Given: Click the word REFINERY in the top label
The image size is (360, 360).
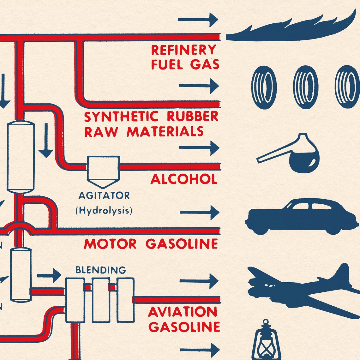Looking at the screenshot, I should (x=183, y=50).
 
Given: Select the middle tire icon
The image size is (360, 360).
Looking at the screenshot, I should (x=305, y=87).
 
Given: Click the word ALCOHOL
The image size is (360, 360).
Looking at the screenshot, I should (x=184, y=179).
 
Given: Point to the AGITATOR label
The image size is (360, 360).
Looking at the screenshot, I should (x=104, y=195).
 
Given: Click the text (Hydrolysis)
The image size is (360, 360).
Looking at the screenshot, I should (x=104, y=210).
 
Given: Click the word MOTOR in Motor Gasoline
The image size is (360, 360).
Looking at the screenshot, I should (x=110, y=244).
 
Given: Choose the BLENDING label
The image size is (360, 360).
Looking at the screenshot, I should (x=100, y=270).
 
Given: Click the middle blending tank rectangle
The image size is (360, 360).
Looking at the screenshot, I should (x=101, y=300).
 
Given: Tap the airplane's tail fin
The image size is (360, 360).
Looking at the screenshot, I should (x=341, y=275).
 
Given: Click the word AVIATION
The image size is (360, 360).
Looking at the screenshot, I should (x=183, y=312).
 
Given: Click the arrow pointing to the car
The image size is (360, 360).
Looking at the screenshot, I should (x=199, y=212).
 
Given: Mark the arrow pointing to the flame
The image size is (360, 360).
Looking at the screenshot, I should (x=198, y=20).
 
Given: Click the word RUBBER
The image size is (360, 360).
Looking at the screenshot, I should (x=192, y=116).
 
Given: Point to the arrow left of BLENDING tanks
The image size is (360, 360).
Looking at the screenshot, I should (x=49, y=275).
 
